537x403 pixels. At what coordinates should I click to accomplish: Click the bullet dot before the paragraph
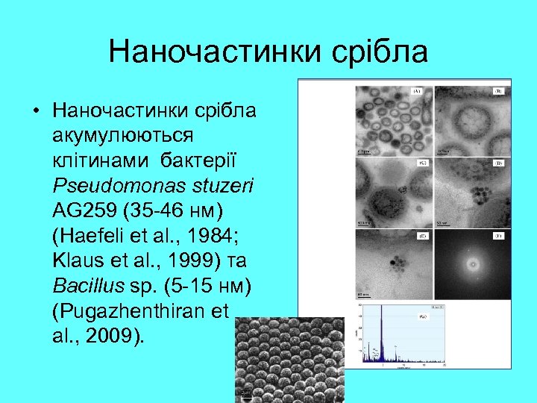pos(35,112)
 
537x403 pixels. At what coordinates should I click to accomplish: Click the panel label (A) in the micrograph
pos(418,92)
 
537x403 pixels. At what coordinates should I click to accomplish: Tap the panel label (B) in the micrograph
pos(497,92)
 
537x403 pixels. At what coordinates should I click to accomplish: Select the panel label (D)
pos(497,162)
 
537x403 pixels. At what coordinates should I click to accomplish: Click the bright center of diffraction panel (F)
pos(471,263)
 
